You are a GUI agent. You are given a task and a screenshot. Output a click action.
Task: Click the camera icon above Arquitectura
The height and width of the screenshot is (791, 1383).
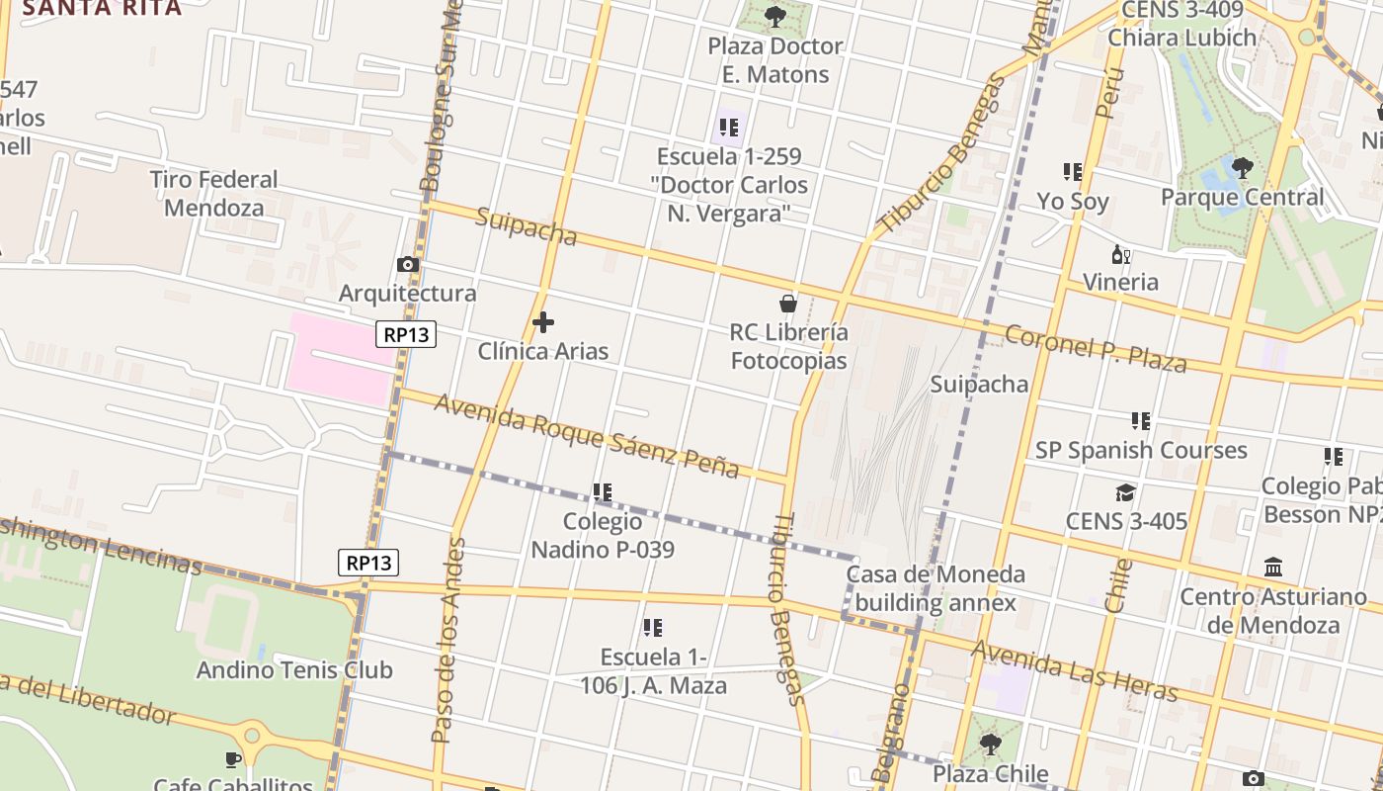tap(407, 264)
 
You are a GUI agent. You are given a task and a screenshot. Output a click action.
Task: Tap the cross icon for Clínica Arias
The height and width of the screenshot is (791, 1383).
tap(542, 322)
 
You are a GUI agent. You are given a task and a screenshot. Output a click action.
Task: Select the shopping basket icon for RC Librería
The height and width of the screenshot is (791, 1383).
tap(788, 303)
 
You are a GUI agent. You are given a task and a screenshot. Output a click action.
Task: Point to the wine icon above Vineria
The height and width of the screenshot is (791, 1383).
tap(1120, 254)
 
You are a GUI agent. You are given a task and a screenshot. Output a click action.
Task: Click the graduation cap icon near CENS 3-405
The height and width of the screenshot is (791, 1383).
tap(1125, 492)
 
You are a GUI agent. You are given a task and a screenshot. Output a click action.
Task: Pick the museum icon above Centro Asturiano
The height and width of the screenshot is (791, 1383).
tap(1273, 568)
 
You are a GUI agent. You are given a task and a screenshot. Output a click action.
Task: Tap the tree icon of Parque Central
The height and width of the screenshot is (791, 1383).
tap(1242, 168)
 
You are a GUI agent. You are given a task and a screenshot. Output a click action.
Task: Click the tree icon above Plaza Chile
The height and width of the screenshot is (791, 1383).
tap(990, 745)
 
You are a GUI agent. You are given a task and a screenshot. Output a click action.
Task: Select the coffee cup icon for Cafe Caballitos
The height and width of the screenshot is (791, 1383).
tap(232, 759)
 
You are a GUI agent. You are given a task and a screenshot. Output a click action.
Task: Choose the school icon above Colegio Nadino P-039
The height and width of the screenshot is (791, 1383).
tap(603, 491)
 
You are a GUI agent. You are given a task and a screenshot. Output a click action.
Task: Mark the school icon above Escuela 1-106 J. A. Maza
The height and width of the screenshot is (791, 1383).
tap(652, 628)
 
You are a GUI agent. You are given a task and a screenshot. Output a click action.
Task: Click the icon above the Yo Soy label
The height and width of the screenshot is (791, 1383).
tap(1073, 172)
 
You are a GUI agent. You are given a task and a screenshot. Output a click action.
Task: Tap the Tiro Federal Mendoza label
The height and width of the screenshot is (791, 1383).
tap(214, 194)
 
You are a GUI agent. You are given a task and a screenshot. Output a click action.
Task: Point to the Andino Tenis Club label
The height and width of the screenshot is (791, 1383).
tap(294, 669)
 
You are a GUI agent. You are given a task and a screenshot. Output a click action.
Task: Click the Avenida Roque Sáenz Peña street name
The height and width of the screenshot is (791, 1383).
tap(586, 435)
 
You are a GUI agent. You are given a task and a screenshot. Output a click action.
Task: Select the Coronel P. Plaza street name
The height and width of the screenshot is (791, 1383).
tap(1095, 347)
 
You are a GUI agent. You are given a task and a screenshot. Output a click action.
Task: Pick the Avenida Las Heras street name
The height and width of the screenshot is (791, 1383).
tap(1075, 669)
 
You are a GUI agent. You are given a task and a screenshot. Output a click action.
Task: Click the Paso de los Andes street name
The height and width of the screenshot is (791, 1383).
tap(448, 640)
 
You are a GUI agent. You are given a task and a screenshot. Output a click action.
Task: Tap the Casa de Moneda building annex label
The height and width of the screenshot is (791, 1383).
tap(936, 588)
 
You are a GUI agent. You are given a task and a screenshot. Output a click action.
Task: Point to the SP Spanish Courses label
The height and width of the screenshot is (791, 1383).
tap(1141, 450)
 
